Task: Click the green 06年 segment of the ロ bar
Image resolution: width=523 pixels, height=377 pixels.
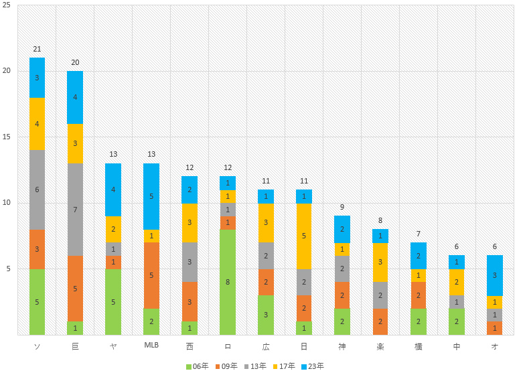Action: [227, 282]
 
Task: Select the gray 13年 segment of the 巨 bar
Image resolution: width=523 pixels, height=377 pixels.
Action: [75, 210]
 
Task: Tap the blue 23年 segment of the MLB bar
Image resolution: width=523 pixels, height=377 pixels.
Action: [151, 196]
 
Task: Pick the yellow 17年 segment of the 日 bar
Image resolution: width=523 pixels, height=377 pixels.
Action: [304, 236]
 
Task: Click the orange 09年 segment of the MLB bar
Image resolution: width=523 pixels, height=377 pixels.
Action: [151, 275]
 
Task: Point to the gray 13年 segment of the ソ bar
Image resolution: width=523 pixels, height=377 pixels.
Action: [37, 190]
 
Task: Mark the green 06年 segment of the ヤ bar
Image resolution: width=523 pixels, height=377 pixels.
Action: [113, 302]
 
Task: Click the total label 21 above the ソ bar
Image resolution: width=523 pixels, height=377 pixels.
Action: [37, 50]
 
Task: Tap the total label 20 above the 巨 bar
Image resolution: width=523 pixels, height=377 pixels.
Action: [75, 63]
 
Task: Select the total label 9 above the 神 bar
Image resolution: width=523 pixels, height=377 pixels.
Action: [342, 208]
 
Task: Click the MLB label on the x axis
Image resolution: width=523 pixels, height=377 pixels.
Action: [151, 346]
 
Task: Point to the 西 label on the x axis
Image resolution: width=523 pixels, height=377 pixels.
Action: [190, 346]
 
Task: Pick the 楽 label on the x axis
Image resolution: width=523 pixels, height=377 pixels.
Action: [380, 346]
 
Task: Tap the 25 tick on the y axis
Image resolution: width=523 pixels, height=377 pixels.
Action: [7, 5]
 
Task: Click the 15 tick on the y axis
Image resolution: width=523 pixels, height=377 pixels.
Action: [7, 137]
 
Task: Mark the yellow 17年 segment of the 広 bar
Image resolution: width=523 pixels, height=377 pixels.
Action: [266, 222]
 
